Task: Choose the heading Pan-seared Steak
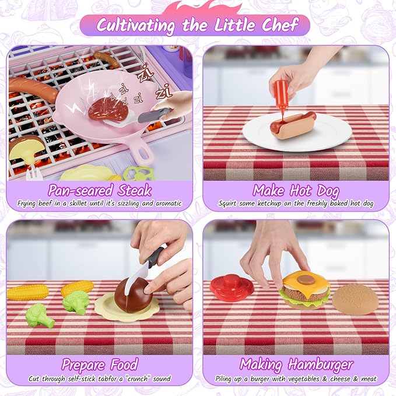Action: point(100,190)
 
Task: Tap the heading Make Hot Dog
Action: point(295,190)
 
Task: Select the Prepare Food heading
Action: point(100,365)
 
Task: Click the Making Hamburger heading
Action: point(296,365)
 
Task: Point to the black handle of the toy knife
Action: point(155,257)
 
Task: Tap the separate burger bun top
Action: point(355,299)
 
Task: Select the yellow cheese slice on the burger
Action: point(304,281)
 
